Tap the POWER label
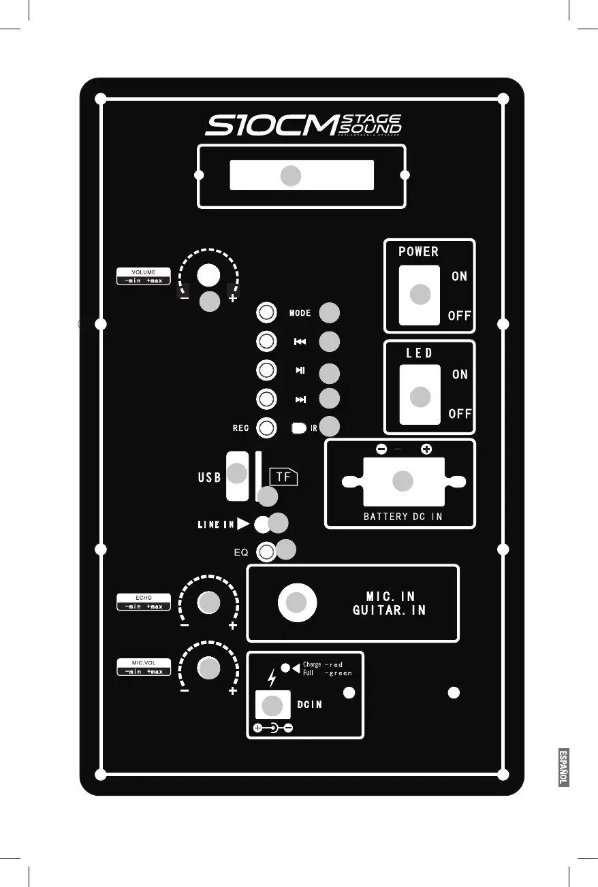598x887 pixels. pyautogui.click(x=418, y=251)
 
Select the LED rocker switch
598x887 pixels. pyautogui.click(x=420, y=395)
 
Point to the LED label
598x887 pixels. pyautogui.click(x=420, y=353)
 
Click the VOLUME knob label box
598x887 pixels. pyautogui.click(x=143, y=276)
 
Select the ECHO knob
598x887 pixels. pyautogui.click(x=208, y=602)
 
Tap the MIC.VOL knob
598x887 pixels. pyautogui.click(x=208, y=667)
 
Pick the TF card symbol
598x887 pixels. pyautogui.click(x=284, y=477)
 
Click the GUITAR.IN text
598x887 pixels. pyautogui.click(x=389, y=611)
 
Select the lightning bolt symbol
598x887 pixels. pyautogui.click(x=272, y=678)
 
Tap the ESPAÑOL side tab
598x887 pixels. pyautogui.click(x=563, y=767)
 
